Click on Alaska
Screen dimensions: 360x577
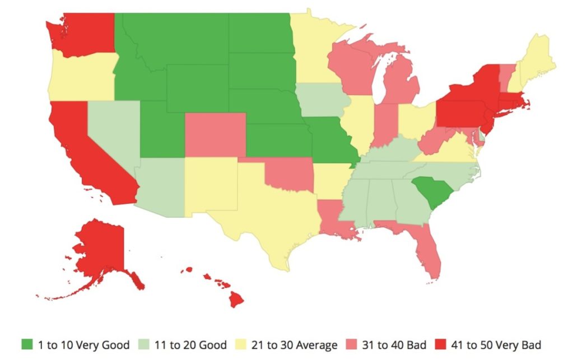coord(101,249)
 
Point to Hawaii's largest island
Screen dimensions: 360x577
coord(236,300)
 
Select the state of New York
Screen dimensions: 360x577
coord(473,90)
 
